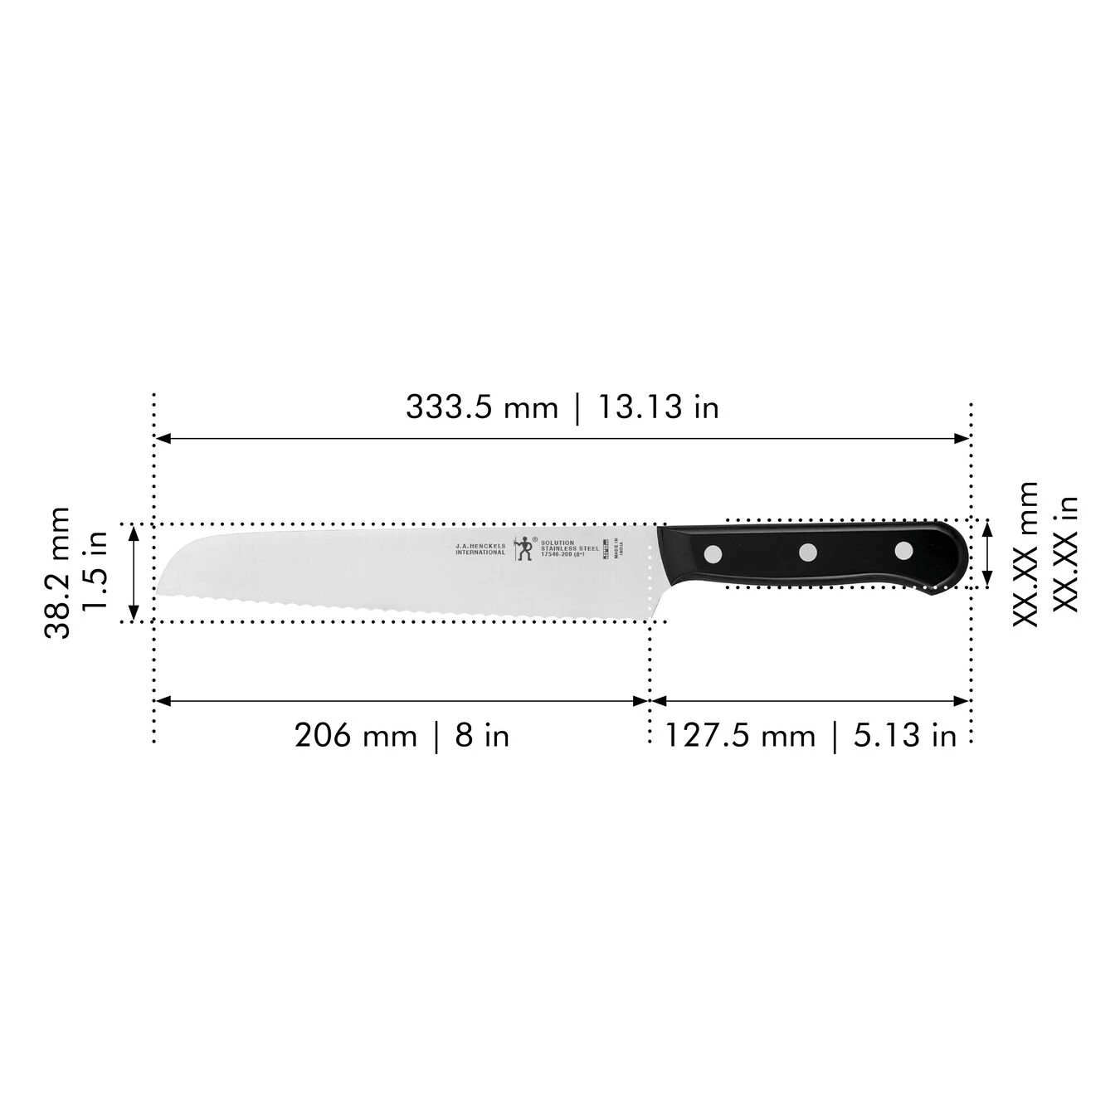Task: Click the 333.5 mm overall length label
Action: (482, 407)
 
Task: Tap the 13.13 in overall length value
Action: (656, 407)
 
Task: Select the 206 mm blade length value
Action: (355, 735)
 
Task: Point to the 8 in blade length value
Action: (482, 735)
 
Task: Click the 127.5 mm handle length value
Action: (739, 735)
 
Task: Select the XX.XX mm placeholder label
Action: (1025, 553)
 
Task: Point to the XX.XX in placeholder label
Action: (1065, 553)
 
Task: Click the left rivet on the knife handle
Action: (712, 553)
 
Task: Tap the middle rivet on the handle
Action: (808, 550)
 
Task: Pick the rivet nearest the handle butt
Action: (903, 548)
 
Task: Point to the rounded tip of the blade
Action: (163, 581)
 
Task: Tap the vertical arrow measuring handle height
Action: (987, 553)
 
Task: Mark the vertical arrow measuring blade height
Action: (133, 572)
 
